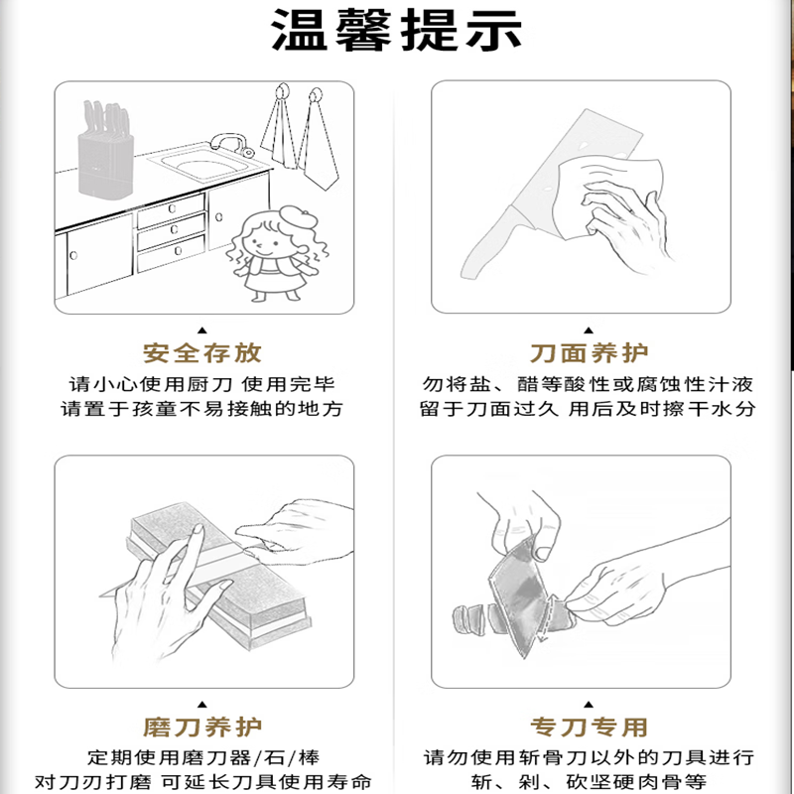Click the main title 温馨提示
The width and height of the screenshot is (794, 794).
pyautogui.click(x=397, y=30)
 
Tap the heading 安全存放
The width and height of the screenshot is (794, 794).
pyautogui.click(x=202, y=353)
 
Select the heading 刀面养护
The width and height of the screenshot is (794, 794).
pyautogui.click(x=589, y=353)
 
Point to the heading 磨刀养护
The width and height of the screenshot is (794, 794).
pyautogui.click(x=202, y=728)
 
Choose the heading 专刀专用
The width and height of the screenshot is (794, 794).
pyautogui.click(x=589, y=728)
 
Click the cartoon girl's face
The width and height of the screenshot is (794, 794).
pyautogui.click(x=262, y=243)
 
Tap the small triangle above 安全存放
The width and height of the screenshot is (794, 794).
pyautogui.click(x=202, y=331)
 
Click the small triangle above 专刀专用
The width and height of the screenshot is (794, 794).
pyautogui.click(x=589, y=705)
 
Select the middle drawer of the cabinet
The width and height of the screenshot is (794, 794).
pyautogui.click(x=171, y=231)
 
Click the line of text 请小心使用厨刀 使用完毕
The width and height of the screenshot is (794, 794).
pyautogui.click(x=202, y=384)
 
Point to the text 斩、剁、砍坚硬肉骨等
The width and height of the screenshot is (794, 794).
pyautogui.click(x=589, y=781)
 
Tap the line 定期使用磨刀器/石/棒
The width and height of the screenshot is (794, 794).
pyautogui.click(x=203, y=757)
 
